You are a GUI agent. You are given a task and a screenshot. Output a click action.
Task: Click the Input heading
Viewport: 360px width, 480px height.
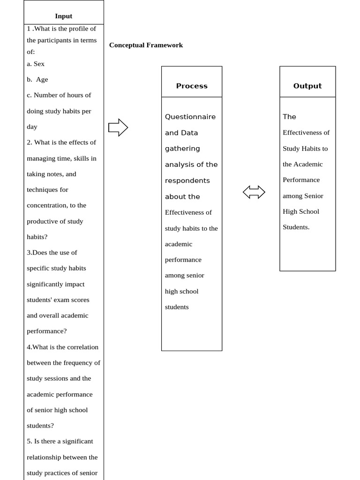click(63, 16)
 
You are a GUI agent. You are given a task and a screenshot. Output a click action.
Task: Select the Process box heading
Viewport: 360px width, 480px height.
click(192, 86)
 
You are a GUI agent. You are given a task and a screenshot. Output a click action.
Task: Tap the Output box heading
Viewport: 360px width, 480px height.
click(307, 86)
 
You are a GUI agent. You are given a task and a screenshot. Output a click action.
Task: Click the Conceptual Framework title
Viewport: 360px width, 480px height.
click(146, 45)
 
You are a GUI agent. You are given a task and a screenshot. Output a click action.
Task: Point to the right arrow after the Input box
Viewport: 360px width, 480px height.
click(118, 127)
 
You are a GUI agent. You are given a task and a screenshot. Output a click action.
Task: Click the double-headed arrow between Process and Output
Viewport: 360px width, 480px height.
click(254, 192)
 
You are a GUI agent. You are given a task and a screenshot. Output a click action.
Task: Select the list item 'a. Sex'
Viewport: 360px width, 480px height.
click(36, 64)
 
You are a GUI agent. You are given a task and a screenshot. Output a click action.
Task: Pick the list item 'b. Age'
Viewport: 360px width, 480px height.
click(37, 80)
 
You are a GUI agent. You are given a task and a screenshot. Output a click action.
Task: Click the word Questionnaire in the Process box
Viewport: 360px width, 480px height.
click(190, 117)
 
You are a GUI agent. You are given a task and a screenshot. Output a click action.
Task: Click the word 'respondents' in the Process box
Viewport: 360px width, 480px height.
click(187, 180)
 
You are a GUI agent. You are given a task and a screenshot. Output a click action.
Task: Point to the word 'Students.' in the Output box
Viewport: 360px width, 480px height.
click(296, 227)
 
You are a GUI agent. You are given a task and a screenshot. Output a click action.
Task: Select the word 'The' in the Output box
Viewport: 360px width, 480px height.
click(290, 117)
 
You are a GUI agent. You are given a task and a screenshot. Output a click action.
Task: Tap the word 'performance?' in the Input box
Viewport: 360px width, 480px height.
click(47, 331)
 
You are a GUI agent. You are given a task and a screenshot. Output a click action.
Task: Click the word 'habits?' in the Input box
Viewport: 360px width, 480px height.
click(37, 237)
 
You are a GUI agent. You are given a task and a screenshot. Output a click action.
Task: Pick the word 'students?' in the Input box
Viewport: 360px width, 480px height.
click(40, 426)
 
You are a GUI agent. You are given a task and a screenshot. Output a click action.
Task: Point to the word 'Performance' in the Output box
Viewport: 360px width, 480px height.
click(301, 180)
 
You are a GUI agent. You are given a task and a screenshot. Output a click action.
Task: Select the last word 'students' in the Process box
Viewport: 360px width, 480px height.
click(177, 307)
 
